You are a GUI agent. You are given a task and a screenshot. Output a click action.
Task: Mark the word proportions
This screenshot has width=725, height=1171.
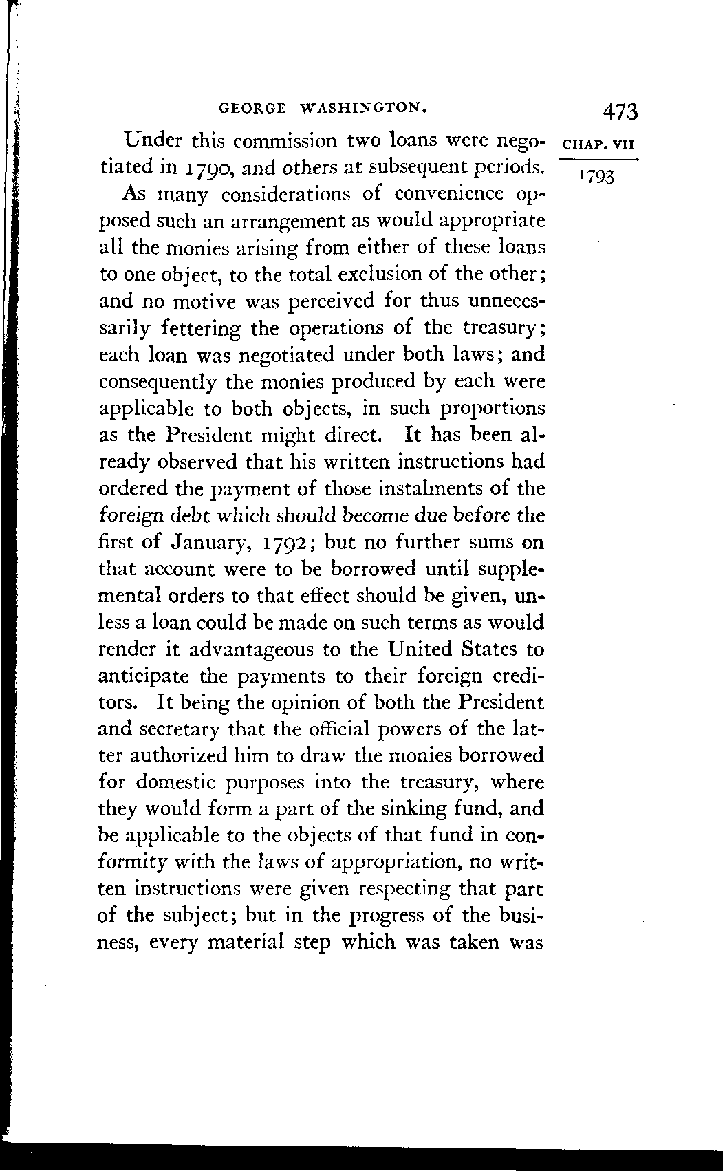point(493,409)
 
